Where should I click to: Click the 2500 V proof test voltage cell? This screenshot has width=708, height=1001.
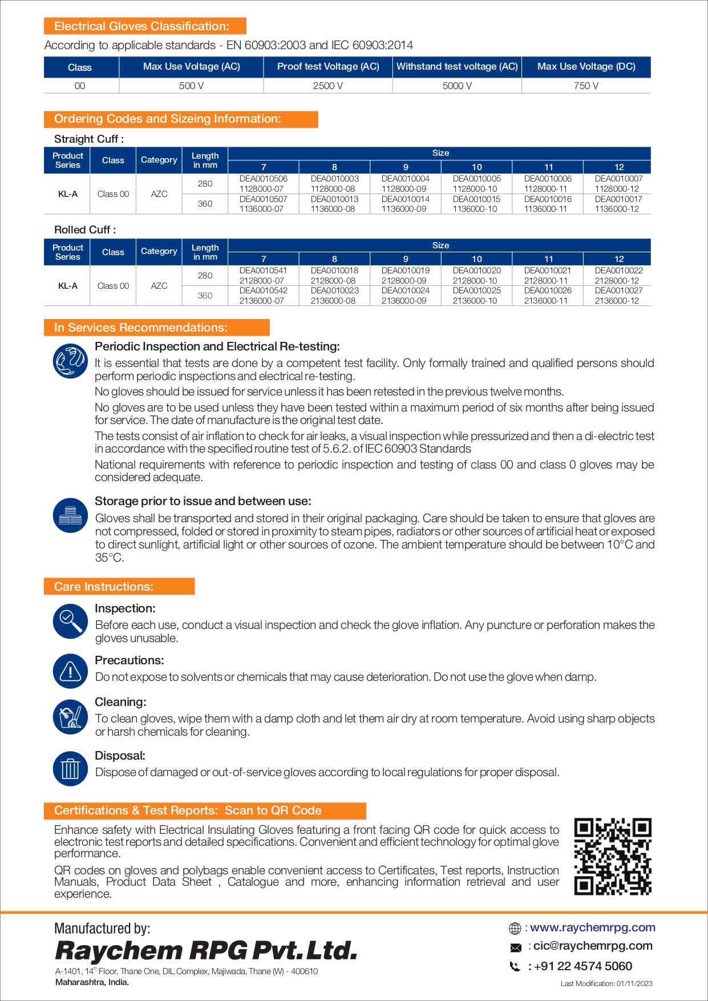click(x=327, y=86)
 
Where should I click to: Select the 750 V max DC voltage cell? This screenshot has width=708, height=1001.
click(x=586, y=86)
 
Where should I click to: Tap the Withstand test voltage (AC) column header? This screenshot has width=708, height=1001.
click(x=457, y=67)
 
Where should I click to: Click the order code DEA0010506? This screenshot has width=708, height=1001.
click(x=263, y=179)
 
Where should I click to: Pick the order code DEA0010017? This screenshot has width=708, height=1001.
click(x=618, y=199)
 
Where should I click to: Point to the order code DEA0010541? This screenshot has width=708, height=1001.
click(x=263, y=271)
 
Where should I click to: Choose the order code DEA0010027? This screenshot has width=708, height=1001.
click(x=618, y=290)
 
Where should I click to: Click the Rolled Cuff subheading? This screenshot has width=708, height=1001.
click(x=85, y=230)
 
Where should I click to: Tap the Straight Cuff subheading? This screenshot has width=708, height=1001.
click(x=89, y=139)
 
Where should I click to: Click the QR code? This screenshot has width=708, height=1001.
click(x=613, y=856)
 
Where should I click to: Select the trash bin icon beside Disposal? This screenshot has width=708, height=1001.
click(x=70, y=768)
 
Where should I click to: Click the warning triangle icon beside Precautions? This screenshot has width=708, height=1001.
click(x=70, y=671)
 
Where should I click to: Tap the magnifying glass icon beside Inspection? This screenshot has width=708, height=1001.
click(x=70, y=621)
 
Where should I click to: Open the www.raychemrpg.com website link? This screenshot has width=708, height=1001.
click(x=592, y=927)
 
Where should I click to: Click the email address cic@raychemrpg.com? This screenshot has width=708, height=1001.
click(x=593, y=946)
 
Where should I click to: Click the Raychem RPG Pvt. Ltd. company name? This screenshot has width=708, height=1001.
click(x=206, y=951)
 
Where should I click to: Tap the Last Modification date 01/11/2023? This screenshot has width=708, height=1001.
click(x=606, y=983)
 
